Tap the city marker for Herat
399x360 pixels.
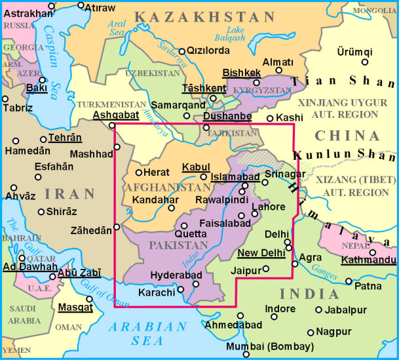(x=139, y=172)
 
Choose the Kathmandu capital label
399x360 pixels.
(x=368, y=260)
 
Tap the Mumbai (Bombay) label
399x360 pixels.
(x=270, y=346)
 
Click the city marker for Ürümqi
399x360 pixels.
(x=365, y=62)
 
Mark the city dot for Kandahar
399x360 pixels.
(x=171, y=208)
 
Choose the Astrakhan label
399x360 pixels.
(x=28, y=13)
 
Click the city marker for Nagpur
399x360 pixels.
(x=311, y=332)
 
